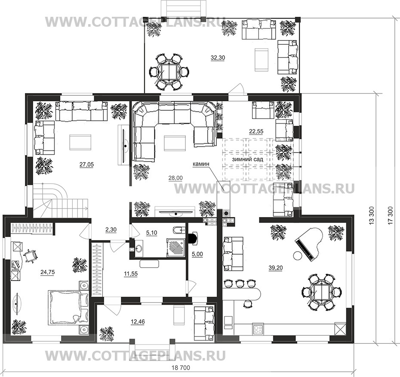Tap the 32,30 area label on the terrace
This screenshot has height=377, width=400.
coord(218,58)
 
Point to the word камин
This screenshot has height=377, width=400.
coord(201,164)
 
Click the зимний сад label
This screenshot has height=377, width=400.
coord(247,159)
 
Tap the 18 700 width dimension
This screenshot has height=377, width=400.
coord(181,368)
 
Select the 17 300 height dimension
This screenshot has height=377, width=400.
coord(391,216)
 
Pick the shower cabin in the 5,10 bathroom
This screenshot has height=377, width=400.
coord(176,248)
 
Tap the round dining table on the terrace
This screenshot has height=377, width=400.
coord(169,71)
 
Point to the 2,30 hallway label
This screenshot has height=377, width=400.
coord(111,230)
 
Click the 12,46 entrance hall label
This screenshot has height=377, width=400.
coord(138,321)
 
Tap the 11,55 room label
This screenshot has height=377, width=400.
coord(131,274)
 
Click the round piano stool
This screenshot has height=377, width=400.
coord(297,255)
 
